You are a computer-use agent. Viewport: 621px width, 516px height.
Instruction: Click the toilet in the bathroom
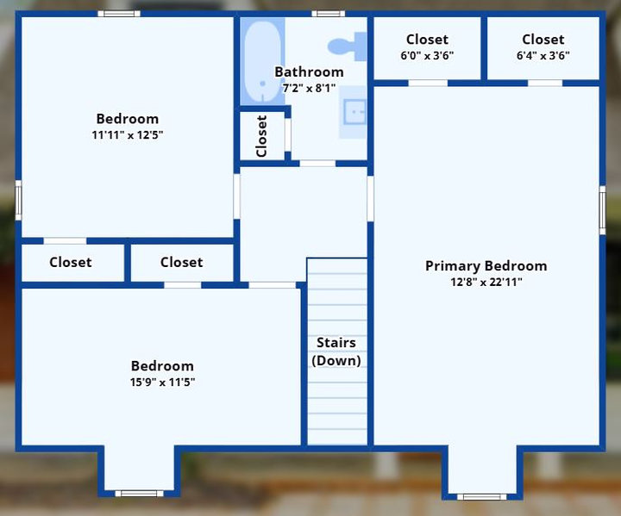tap(348, 47)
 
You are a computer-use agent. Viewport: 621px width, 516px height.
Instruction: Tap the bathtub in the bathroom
tap(262, 62)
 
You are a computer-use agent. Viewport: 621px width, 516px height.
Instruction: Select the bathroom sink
tap(354, 112)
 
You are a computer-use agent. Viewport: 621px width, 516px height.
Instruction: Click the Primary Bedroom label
tap(486, 266)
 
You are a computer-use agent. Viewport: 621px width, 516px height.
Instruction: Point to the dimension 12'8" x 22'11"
tap(486, 283)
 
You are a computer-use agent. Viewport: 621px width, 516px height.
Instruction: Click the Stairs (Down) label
tap(336, 351)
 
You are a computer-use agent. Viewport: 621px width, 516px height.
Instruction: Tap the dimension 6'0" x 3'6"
tap(427, 55)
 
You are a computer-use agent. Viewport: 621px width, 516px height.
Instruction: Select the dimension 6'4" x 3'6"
tap(543, 55)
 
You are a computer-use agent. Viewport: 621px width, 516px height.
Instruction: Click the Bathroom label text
tap(309, 72)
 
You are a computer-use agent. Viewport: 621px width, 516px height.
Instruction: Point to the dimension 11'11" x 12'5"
tap(128, 135)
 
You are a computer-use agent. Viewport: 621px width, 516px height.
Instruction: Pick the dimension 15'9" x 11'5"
tap(162, 382)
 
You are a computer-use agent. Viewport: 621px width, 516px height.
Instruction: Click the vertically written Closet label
tap(262, 136)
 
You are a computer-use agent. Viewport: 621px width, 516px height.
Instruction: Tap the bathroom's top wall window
tap(329, 14)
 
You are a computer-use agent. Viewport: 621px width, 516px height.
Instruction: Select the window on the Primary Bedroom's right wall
tap(602, 210)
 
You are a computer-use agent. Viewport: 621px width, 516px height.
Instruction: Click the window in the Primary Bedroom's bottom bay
tap(481, 497)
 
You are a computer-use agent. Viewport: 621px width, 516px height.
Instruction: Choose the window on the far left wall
tap(18, 200)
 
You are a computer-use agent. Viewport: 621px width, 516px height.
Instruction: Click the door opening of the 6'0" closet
tap(428, 83)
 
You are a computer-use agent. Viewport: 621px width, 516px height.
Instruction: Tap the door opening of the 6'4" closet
tap(545, 83)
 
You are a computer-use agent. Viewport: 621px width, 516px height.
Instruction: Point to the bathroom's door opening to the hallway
tap(317, 164)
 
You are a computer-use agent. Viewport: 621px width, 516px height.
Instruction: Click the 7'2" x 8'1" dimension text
tap(309, 88)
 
